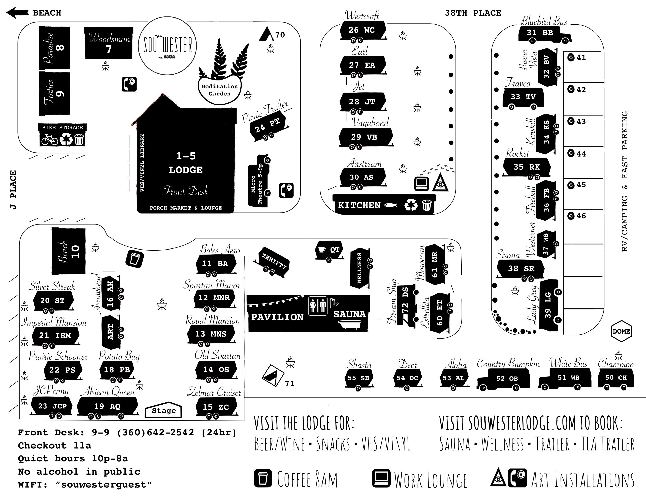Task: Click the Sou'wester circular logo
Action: point(167,46)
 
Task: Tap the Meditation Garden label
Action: point(220,90)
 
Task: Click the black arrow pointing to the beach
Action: point(17,13)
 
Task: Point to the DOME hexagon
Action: point(621,331)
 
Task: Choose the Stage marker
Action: point(164,410)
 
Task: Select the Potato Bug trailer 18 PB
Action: point(117,370)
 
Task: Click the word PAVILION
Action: point(277,317)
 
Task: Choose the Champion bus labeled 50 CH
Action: point(616,378)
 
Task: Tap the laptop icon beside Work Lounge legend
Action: point(381,478)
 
